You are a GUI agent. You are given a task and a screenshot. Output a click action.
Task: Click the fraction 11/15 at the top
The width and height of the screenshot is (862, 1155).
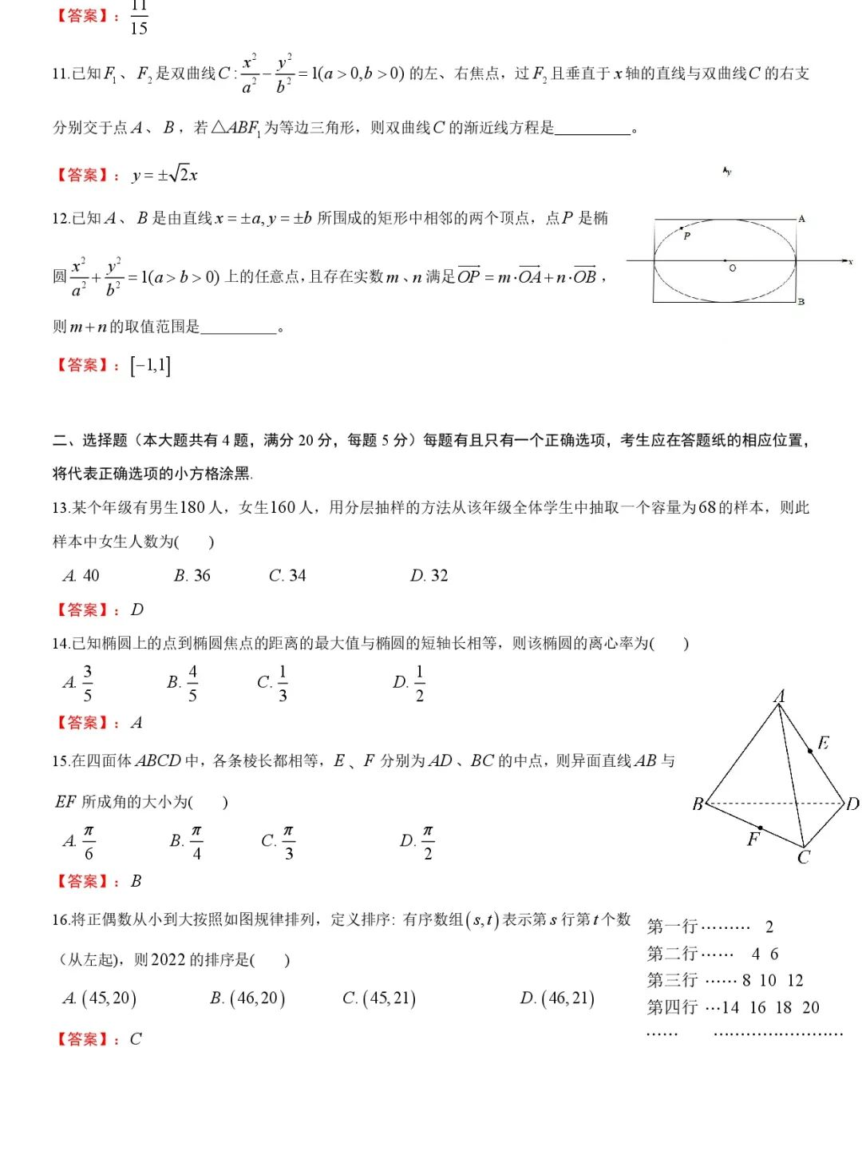point(139,18)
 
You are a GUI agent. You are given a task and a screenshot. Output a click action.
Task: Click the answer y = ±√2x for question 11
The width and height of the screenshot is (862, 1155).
point(165,174)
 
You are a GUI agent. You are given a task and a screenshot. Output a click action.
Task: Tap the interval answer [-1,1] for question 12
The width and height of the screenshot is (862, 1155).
point(150,365)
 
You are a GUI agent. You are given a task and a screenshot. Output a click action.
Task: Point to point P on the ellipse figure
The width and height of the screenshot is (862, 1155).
point(686,235)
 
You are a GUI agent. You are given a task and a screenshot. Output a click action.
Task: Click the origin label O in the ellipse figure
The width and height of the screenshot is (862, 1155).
point(732,268)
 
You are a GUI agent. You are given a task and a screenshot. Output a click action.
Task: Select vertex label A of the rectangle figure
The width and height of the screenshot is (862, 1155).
point(801,218)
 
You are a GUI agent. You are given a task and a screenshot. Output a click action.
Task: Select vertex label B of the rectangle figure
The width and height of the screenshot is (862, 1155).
point(801,302)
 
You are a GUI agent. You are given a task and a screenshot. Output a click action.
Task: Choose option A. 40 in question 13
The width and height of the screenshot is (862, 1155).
point(81,576)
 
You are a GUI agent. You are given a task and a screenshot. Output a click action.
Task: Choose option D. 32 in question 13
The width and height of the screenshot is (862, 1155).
point(429,576)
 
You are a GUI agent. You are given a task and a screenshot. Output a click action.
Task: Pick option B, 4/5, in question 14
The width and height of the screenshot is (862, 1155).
point(184,683)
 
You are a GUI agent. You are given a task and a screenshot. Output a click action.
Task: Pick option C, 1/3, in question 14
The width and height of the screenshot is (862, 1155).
point(273,683)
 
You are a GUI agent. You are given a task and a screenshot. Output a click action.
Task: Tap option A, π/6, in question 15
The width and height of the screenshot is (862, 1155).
point(80,842)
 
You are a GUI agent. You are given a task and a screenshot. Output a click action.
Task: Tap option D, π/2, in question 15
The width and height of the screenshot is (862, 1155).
point(418,842)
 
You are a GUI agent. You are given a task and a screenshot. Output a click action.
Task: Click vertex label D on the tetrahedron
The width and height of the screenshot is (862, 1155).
point(852,804)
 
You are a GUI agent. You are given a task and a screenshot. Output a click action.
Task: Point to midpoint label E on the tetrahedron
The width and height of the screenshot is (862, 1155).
point(823,743)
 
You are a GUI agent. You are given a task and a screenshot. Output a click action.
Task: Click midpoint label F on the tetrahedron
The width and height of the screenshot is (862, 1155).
point(753,839)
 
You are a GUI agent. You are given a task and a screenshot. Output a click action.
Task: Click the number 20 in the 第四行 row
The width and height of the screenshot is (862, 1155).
point(811,1008)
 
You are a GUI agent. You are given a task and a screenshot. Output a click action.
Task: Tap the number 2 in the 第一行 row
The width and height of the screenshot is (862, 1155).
point(769,927)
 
